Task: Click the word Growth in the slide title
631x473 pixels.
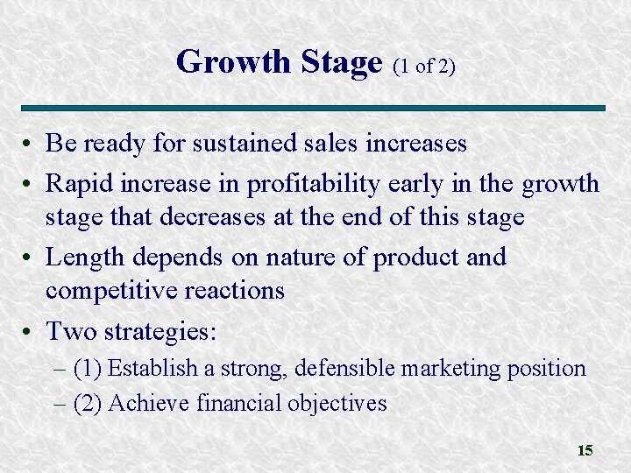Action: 231,62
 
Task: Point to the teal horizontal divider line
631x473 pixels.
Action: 315,108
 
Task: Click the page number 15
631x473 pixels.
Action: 585,450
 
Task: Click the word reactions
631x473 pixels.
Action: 234,289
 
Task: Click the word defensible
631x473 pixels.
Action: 344,368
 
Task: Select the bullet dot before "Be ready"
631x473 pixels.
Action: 30,143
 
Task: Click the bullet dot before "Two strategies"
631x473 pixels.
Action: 30,332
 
